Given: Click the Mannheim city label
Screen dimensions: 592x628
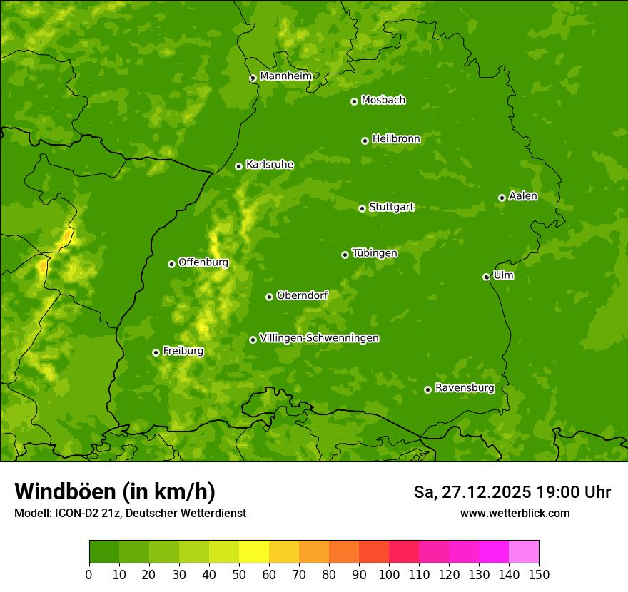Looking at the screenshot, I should tap(285, 76).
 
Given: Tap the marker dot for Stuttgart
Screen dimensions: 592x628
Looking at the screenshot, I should tap(362, 208).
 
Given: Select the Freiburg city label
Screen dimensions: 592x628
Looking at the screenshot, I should tap(183, 352).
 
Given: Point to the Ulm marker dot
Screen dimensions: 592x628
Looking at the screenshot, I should tap(486, 277).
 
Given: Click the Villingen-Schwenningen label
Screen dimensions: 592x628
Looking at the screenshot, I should tap(319, 338).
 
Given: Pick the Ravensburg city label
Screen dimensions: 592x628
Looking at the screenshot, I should tap(465, 388).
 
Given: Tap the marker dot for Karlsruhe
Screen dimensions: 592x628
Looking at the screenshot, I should tap(238, 166).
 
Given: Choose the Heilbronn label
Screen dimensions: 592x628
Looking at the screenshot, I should tap(396, 139).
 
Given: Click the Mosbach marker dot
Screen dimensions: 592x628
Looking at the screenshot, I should tap(354, 101).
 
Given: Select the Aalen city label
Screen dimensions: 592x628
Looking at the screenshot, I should tap(523, 196).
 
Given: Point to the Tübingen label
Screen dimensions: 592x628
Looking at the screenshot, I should tap(375, 253).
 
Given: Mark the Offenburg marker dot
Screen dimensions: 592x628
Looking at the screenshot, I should tap(171, 264).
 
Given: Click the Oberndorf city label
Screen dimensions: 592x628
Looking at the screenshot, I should tap(302, 295).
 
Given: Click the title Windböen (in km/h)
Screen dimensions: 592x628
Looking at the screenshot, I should tap(115, 491).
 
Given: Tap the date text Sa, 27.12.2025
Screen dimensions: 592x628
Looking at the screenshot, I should tap(472, 492).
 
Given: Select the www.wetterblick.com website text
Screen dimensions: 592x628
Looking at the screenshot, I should tap(515, 513).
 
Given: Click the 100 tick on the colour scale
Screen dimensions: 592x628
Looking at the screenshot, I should tap(389, 573).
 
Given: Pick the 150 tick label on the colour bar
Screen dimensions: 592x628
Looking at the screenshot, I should tap(539, 573).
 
